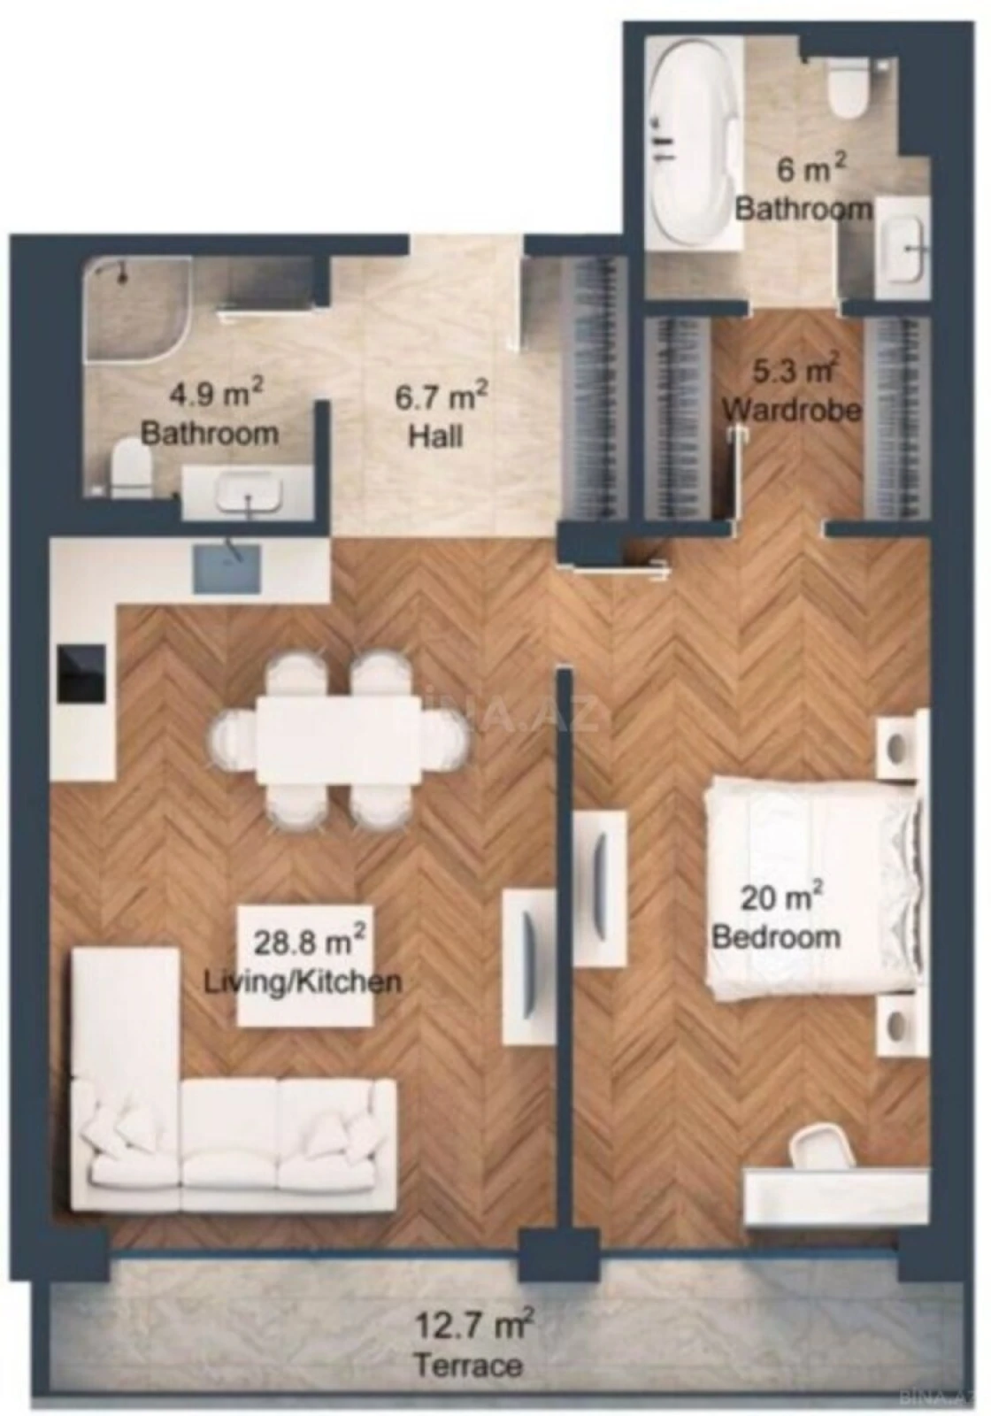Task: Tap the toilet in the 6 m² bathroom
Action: (847, 89)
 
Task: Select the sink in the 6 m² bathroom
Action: (904, 250)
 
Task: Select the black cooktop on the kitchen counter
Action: (81, 676)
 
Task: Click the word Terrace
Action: (468, 1365)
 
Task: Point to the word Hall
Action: (435, 435)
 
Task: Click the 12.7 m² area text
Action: (473, 1325)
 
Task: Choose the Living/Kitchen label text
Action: (303, 981)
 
